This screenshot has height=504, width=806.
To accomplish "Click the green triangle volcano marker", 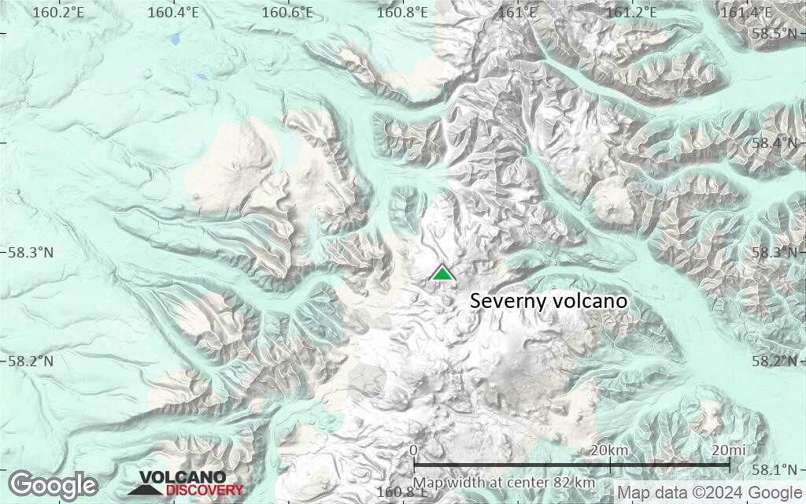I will [442, 273].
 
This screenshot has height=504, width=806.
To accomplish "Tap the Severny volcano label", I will [549, 301].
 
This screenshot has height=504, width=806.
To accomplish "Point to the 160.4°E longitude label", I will [173, 12].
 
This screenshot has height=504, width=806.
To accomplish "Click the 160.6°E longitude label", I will [288, 12].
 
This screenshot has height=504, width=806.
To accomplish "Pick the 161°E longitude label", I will [518, 12].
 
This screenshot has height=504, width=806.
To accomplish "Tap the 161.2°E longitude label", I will [633, 12].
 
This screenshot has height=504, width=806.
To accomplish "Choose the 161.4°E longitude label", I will [747, 12].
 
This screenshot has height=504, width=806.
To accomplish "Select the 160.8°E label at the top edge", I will [402, 12].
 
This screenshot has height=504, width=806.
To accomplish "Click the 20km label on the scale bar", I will [609, 450].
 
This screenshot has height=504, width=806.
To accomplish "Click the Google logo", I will [53, 484].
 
